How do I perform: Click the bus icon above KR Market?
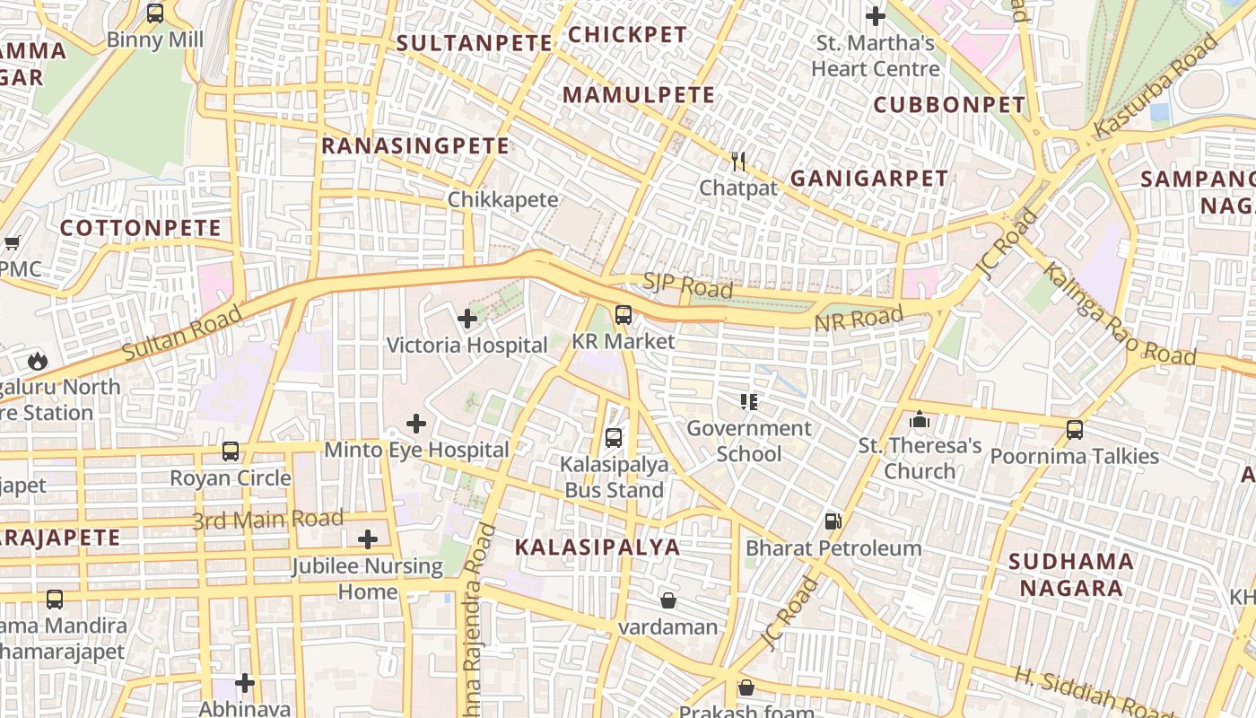[623, 315]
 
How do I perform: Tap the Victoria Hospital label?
[467, 346]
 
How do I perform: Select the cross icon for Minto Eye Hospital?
[416, 424]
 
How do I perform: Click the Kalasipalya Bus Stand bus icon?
[614, 438]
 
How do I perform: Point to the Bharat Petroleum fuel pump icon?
[833, 521]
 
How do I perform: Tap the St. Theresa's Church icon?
[919, 420]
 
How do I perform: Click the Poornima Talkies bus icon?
[1075, 430]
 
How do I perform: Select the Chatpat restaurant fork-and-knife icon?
[738, 162]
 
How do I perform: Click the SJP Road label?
[687, 285]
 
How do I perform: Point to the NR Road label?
[859, 320]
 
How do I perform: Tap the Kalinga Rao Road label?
[1119, 314]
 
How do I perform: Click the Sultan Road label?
[182, 332]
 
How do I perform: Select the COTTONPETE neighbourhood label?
[140, 228]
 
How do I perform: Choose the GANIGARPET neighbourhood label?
[868, 179]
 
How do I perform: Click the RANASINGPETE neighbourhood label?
[415, 145]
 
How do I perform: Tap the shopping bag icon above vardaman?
[668, 600]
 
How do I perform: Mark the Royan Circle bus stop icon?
[231, 451]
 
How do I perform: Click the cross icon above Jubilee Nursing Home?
[368, 539]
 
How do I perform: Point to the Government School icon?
[748, 402]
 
